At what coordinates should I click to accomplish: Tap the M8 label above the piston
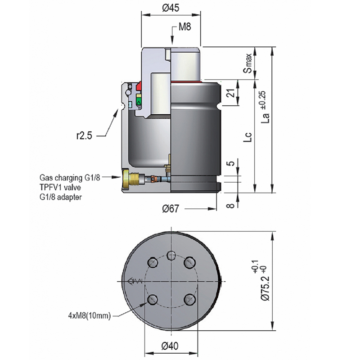pos(185,27)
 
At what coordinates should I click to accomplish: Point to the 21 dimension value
pos(229,94)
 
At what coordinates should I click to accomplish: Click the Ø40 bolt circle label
pos(171,346)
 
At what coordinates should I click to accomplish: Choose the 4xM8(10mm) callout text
pos(91,315)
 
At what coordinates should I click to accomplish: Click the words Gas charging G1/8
pos(69,177)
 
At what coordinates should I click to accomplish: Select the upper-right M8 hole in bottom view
pos(190,262)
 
